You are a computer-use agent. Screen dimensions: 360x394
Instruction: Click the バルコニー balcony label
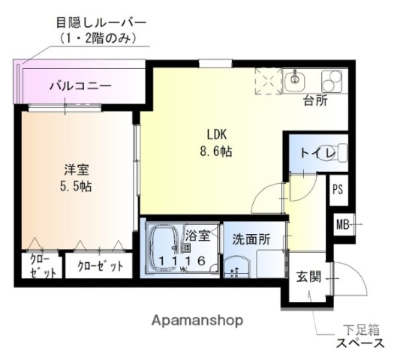pyautogui.click(x=81, y=86)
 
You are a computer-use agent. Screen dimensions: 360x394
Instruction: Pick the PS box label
pyautogui.click(x=338, y=189)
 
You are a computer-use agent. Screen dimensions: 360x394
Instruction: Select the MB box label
pyautogui.click(x=342, y=223)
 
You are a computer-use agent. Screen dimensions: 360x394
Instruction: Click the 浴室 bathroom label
pyautogui.click(x=198, y=235)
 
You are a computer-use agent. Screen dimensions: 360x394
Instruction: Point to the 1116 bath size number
pyautogui.click(x=182, y=260)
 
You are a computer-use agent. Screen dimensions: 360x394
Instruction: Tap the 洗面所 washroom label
pyautogui.click(x=250, y=240)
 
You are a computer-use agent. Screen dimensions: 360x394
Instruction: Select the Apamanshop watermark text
pyautogui.click(x=197, y=320)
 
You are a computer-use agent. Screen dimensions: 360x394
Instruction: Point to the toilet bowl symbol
pyautogui.click(x=339, y=154)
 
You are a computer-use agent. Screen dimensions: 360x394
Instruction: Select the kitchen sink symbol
pyautogui.click(x=296, y=78)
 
